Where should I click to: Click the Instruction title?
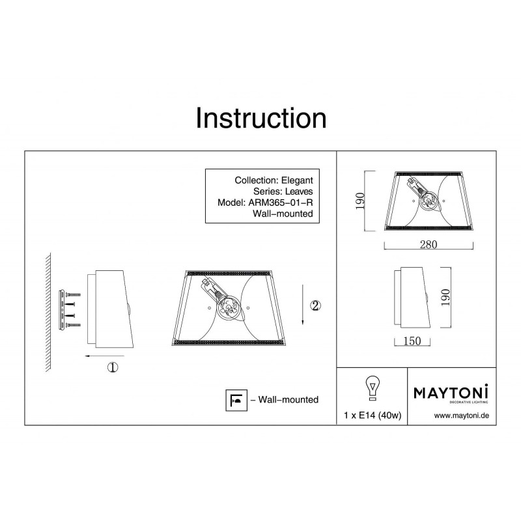[x=261, y=119]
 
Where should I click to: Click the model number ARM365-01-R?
[x=281, y=203]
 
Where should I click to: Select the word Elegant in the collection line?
[x=297, y=180]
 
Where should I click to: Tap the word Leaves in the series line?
[x=299, y=191]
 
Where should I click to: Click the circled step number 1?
[x=113, y=367]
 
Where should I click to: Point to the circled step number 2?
[x=315, y=305]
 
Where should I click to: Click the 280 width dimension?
[x=429, y=245]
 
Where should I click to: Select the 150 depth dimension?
[x=412, y=341]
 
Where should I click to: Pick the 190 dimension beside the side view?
[x=445, y=298]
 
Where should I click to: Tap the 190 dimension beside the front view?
[x=360, y=201]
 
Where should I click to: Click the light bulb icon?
[x=373, y=387]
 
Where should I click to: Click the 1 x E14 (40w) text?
[x=373, y=415]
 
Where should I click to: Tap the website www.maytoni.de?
[x=462, y=415]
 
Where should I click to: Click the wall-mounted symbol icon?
[x=236, y=400]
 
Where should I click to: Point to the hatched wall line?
[x=48, y=313]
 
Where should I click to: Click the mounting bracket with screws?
[x=69, y=310]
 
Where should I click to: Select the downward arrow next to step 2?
[x=303, y=304]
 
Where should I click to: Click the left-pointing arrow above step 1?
[x=104, y=356]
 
